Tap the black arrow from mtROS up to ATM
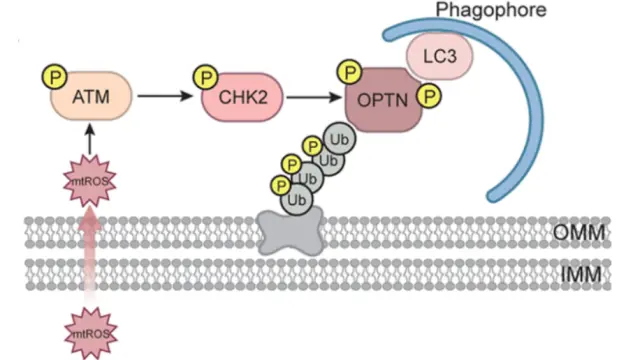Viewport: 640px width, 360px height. coord(89,140)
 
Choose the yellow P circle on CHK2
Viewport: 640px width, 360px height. coord(207,76)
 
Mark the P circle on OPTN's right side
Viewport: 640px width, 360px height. coord(430,96)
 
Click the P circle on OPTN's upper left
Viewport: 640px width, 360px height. coord(349,72)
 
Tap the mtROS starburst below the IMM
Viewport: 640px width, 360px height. coord(89,332)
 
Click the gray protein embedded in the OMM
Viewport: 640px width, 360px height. coord(286,231)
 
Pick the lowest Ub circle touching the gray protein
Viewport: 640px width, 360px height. coord(296,200)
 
